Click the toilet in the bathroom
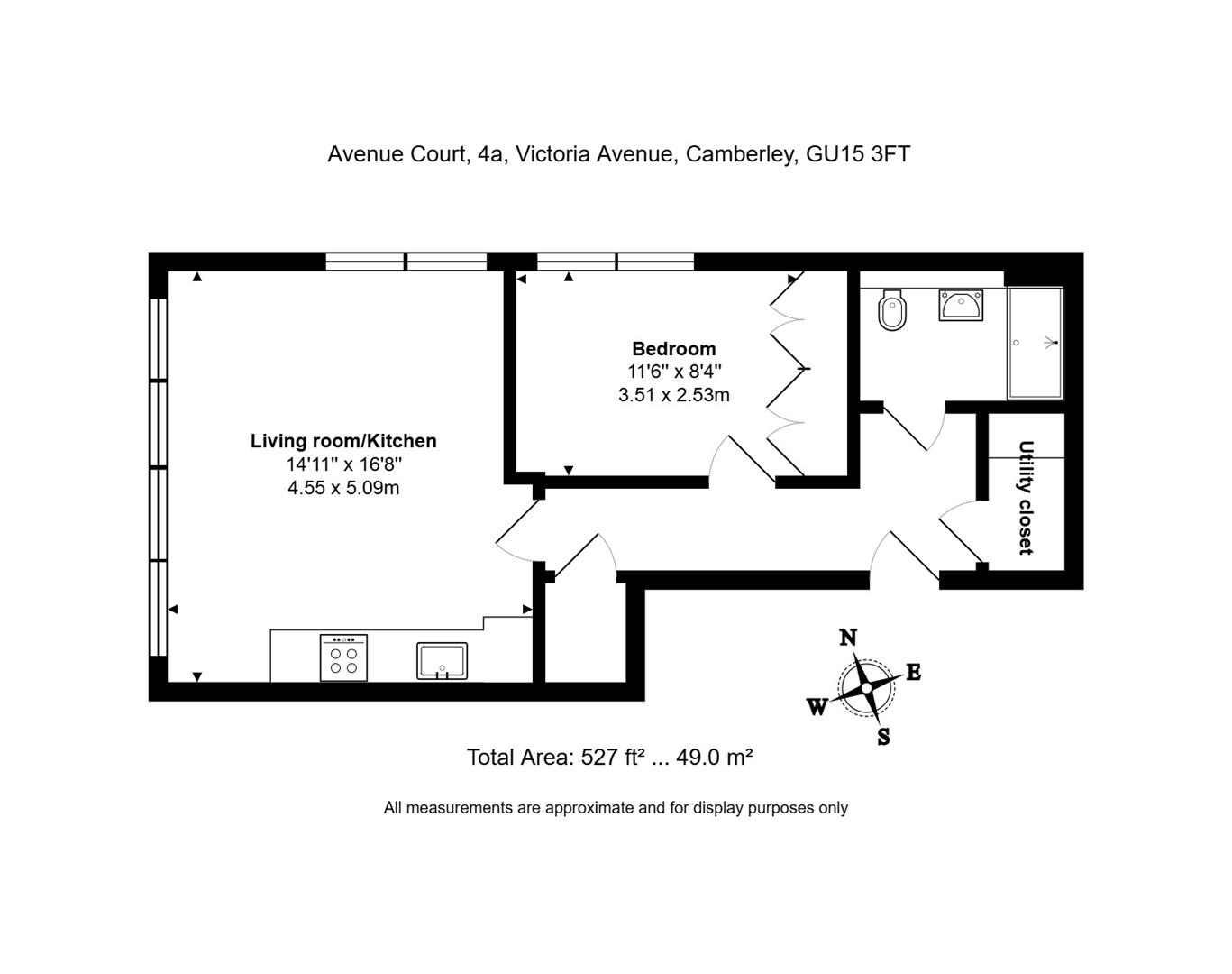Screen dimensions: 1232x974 [892, 310]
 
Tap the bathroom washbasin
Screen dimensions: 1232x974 [961, 305]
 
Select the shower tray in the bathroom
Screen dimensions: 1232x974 [1035, 343]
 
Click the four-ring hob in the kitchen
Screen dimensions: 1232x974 [343, 657]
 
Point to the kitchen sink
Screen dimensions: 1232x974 [442, 660]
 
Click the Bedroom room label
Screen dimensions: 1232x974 [674, 348]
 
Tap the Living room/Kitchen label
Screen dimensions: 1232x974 [343, 441]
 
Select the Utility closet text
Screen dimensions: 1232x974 [1026, 497]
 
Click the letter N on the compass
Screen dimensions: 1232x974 [848, 637]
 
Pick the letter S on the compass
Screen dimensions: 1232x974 [884, 737]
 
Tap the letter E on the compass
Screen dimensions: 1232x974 [914, 672]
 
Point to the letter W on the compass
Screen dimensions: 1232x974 [817, 708]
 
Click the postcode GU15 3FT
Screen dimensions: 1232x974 [858, 154]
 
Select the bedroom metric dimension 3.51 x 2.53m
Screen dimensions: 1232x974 [674, 395]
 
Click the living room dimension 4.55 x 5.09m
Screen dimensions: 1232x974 [343, 488]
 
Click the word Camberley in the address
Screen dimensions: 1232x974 [742, 154]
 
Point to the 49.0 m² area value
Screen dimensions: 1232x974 [714, 757]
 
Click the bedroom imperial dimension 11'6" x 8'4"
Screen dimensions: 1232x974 [674, 372]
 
